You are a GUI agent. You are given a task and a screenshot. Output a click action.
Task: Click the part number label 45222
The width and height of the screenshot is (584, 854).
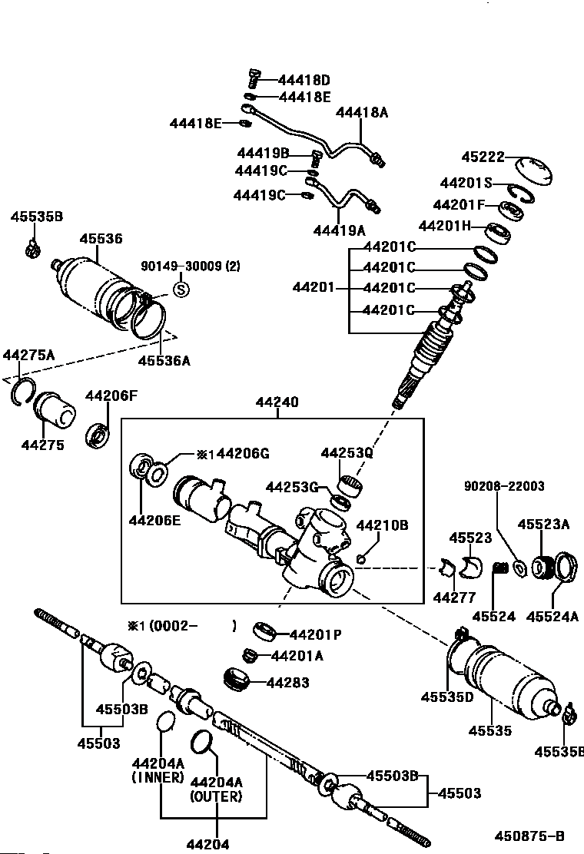(483, 157)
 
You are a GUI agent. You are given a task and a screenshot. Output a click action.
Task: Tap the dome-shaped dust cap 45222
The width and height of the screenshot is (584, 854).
(533, 171)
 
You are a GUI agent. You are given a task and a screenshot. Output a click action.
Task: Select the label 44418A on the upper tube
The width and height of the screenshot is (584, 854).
(362, 113)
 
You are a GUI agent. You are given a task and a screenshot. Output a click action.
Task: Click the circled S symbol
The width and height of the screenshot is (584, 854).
(181, 289)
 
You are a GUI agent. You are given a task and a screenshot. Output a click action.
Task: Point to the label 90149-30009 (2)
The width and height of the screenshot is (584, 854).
(191, 266)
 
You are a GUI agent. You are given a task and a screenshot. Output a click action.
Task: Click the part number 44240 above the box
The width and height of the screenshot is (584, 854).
(277, 402)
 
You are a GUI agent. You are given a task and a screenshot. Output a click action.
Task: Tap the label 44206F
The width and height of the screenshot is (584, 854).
(111, 396)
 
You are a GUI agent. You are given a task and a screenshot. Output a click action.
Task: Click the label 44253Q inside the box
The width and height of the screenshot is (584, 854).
(347, 452)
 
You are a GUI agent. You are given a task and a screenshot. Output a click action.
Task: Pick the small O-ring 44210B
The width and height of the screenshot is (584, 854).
(360, 558)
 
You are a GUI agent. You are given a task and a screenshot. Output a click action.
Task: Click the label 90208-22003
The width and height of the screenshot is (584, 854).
(504, 486)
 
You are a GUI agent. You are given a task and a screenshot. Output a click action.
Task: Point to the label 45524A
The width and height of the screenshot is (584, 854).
(552, 617)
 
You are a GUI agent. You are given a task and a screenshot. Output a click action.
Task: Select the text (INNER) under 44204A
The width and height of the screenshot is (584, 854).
(158, 778)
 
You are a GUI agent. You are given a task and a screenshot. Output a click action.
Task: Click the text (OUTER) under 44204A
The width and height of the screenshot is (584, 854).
(216, 796)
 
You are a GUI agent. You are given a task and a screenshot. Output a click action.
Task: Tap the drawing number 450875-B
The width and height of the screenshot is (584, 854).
(529, 836)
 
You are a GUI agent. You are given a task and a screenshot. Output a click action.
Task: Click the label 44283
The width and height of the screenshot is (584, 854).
(287, 683)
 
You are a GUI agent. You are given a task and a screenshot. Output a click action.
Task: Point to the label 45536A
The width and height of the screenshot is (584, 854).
(164, 360)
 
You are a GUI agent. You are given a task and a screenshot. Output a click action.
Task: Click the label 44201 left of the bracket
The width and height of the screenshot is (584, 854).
(314, 287)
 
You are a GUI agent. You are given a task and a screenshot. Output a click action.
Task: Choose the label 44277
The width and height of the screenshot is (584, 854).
(454, 597)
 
